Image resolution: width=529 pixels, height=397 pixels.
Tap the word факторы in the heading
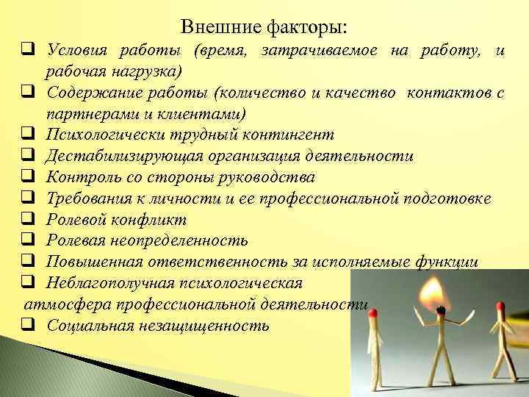[307, 28]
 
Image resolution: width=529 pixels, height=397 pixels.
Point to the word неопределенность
[183, 240]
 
